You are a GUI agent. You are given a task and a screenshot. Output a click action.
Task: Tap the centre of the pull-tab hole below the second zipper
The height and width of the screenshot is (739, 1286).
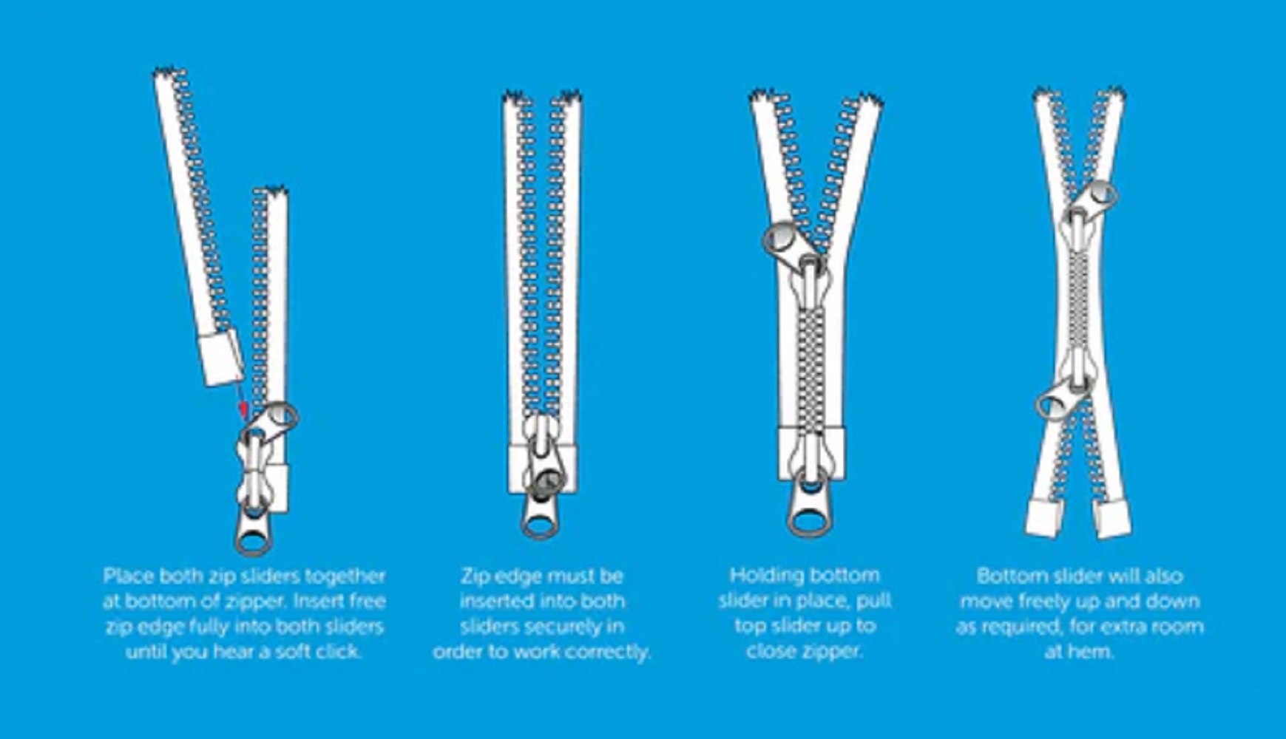click(x=541, y=525)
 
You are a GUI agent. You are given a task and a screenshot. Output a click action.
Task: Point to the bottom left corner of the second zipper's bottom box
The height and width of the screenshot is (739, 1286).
click(x=509, y=493)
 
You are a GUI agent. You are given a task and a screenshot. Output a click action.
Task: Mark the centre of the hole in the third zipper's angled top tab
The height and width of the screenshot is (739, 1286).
click(x=779, y=239)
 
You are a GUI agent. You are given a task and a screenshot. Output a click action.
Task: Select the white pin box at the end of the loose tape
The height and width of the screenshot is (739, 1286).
click(x=221, y=358)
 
